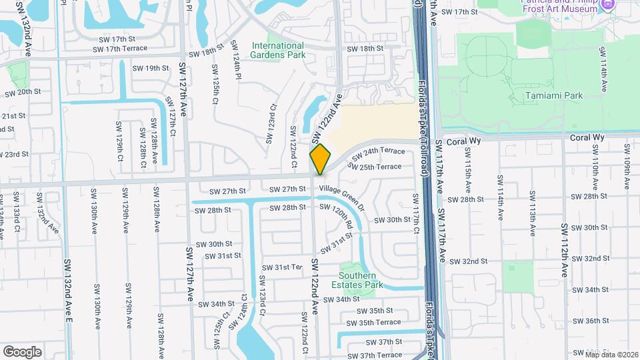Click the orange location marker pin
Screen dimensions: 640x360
(320, 159)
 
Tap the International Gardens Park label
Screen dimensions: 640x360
(278, 50)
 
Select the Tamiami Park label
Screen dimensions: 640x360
(553, 95)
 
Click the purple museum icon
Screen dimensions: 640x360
(607, 6)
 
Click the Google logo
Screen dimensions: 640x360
(22, 351)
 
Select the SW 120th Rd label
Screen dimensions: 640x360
(335, 217)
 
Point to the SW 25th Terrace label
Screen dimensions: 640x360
(375, 167)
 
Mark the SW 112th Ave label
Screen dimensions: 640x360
(564, 251)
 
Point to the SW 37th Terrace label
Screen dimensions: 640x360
(379, 355)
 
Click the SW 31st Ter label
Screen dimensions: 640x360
(282, 267)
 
